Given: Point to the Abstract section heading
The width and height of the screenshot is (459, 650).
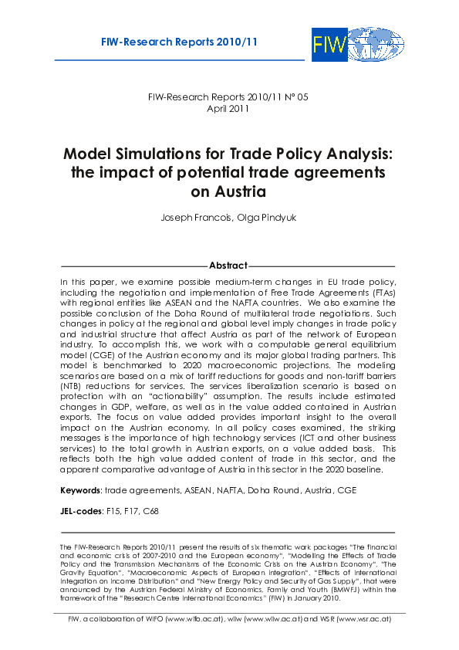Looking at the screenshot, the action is [228, 266].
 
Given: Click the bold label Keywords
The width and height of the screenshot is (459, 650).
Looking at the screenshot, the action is [81, 490].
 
